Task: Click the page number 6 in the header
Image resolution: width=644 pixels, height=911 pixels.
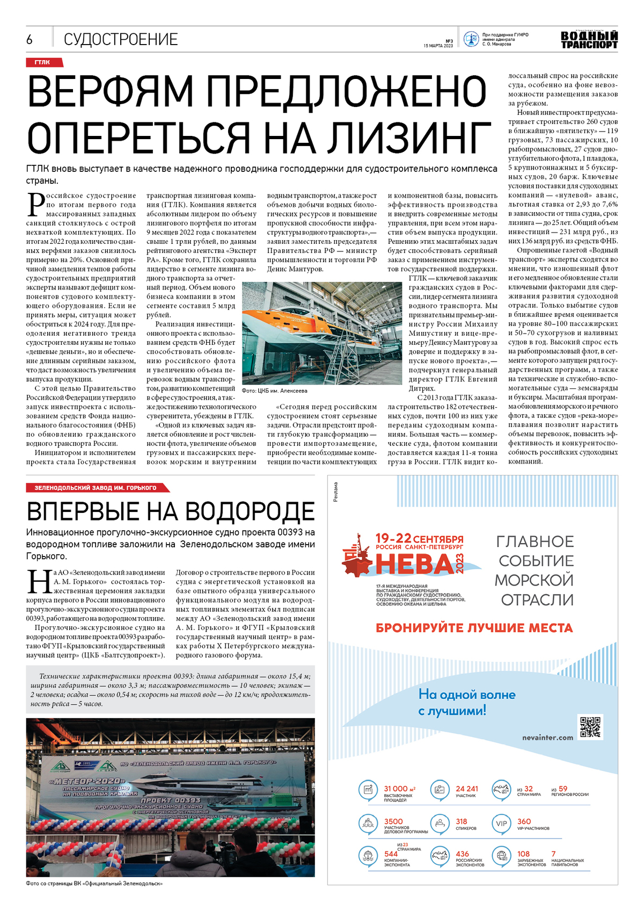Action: pos(30,39)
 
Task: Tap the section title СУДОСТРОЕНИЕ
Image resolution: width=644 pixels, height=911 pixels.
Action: pos(121,39)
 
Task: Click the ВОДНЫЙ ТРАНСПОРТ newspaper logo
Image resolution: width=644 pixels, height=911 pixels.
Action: pos(589,40)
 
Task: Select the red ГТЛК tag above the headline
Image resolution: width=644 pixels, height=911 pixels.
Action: pos(43,62)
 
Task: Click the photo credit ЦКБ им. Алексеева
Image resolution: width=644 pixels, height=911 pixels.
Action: pos(275,391)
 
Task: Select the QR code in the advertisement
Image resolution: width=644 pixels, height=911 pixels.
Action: pos(590,727)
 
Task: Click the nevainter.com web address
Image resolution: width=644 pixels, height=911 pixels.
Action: pos(547,738)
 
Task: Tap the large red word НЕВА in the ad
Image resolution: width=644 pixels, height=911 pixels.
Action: pos(414,564)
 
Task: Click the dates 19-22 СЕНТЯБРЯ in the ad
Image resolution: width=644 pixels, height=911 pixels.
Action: pos(419,538)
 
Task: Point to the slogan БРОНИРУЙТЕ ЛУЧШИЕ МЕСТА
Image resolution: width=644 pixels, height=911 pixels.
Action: pos(474,627)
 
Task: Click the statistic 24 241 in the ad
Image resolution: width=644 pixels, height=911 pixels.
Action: pos(467,789)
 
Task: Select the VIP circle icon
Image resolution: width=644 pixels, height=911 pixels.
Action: pos(501,823)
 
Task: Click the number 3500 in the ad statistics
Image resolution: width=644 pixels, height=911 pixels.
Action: pos(393,821)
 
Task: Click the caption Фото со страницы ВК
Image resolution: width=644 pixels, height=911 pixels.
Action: pos(94,883)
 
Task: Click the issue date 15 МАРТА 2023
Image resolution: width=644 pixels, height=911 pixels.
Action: pos(438,46)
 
